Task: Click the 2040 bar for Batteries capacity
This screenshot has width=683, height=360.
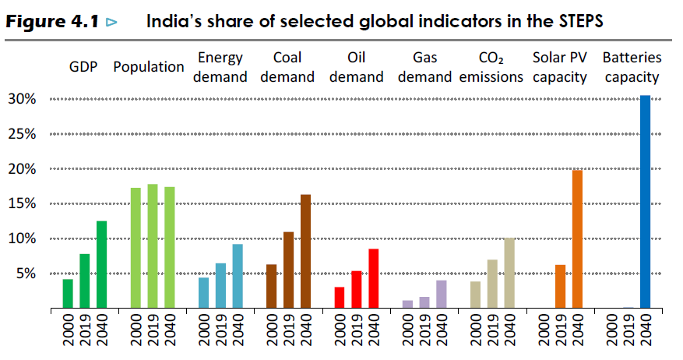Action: coord(645,202)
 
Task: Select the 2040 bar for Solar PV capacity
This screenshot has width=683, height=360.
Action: coord(577,238)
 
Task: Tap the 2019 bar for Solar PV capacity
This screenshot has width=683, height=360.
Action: coord(560,287)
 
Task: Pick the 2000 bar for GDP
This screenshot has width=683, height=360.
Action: coord(68,294)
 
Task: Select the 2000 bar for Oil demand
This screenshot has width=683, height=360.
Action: coord(339,298)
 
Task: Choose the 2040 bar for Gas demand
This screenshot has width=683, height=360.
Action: coord(441,295)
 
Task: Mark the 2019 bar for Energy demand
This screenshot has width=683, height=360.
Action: coord(220,286)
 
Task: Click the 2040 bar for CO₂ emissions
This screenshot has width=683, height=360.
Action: coord(509,273)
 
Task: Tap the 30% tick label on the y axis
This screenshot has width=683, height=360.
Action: coord(21,99)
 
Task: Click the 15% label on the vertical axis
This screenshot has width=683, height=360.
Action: coord(21,203)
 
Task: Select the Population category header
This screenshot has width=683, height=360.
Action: coord(148,67)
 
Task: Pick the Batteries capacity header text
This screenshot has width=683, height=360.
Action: coord(632,67)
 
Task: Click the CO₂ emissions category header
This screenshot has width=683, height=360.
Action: coord(491,67)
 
